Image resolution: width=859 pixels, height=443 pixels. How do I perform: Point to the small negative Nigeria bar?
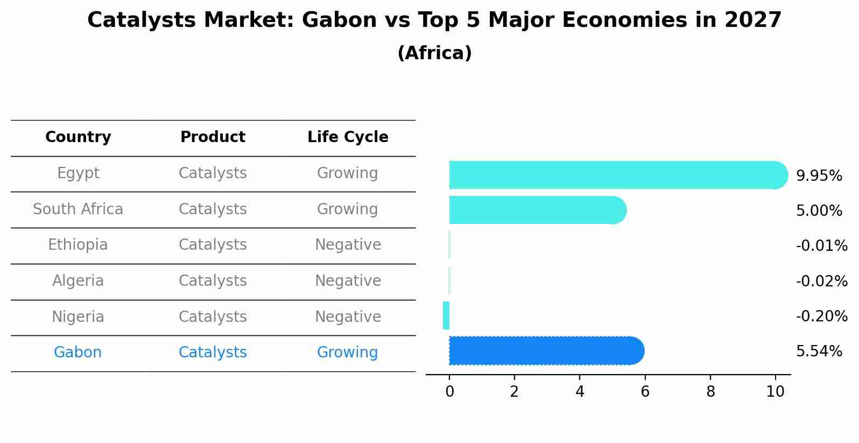point(446,315)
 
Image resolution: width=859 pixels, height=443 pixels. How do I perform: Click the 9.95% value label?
point(819,176)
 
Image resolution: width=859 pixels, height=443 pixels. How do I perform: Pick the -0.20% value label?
point(821,316)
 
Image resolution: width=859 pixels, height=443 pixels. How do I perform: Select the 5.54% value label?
point(819,351)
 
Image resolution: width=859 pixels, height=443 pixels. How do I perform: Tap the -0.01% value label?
point(821,246)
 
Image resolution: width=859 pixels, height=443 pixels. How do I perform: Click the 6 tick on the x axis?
point(645,392)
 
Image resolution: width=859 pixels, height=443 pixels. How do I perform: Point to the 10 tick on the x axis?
point(775,392)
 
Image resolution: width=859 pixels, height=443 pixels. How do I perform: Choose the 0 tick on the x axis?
point(449,392)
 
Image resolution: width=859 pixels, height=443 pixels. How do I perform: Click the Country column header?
point(78,137)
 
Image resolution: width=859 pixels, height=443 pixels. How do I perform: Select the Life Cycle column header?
point(348,137)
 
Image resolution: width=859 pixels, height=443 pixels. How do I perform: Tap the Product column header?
point(213,137)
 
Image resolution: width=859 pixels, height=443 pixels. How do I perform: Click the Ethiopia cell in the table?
point(78,245)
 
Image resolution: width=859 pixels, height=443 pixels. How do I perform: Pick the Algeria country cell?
point(78,281)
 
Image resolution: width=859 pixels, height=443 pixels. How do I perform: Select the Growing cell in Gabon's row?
point(347,353)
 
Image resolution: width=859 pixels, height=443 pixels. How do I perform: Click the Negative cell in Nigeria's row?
point(348,317)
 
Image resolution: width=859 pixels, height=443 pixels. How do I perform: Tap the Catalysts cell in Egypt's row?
point(213,173)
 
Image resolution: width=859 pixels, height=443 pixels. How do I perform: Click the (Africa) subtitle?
point(434,53)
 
